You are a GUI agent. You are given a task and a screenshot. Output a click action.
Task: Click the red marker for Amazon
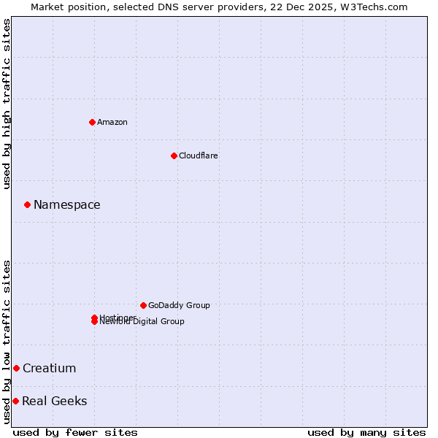coord(92,122)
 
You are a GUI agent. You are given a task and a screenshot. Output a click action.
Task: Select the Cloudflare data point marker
coord(174,155)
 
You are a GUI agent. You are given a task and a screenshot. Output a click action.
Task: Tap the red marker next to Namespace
coord(27,205)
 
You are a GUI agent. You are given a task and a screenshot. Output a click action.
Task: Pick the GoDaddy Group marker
coord(143,305)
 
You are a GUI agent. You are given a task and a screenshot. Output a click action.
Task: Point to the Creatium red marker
coord(16,368)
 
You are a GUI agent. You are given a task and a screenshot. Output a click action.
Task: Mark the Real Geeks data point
coord(15,401)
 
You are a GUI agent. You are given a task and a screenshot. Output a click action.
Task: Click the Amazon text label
coord(112,122)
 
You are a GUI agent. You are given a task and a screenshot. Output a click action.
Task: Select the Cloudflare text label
coord(199,155)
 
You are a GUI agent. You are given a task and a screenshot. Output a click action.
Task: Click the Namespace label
coord(67,205)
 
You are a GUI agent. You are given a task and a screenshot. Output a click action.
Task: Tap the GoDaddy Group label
coord(179,305)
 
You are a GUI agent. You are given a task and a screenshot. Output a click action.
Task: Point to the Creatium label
coord(50,368)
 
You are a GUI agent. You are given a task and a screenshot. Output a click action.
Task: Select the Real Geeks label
coord(55,401)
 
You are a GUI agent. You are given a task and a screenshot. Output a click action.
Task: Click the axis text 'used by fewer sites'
coord(75,432)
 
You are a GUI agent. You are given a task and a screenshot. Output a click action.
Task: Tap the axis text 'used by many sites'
coord(366,432)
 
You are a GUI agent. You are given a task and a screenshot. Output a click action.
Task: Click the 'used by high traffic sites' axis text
coord(7,104)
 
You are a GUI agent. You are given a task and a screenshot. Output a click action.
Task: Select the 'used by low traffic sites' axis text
coord(7,342)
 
